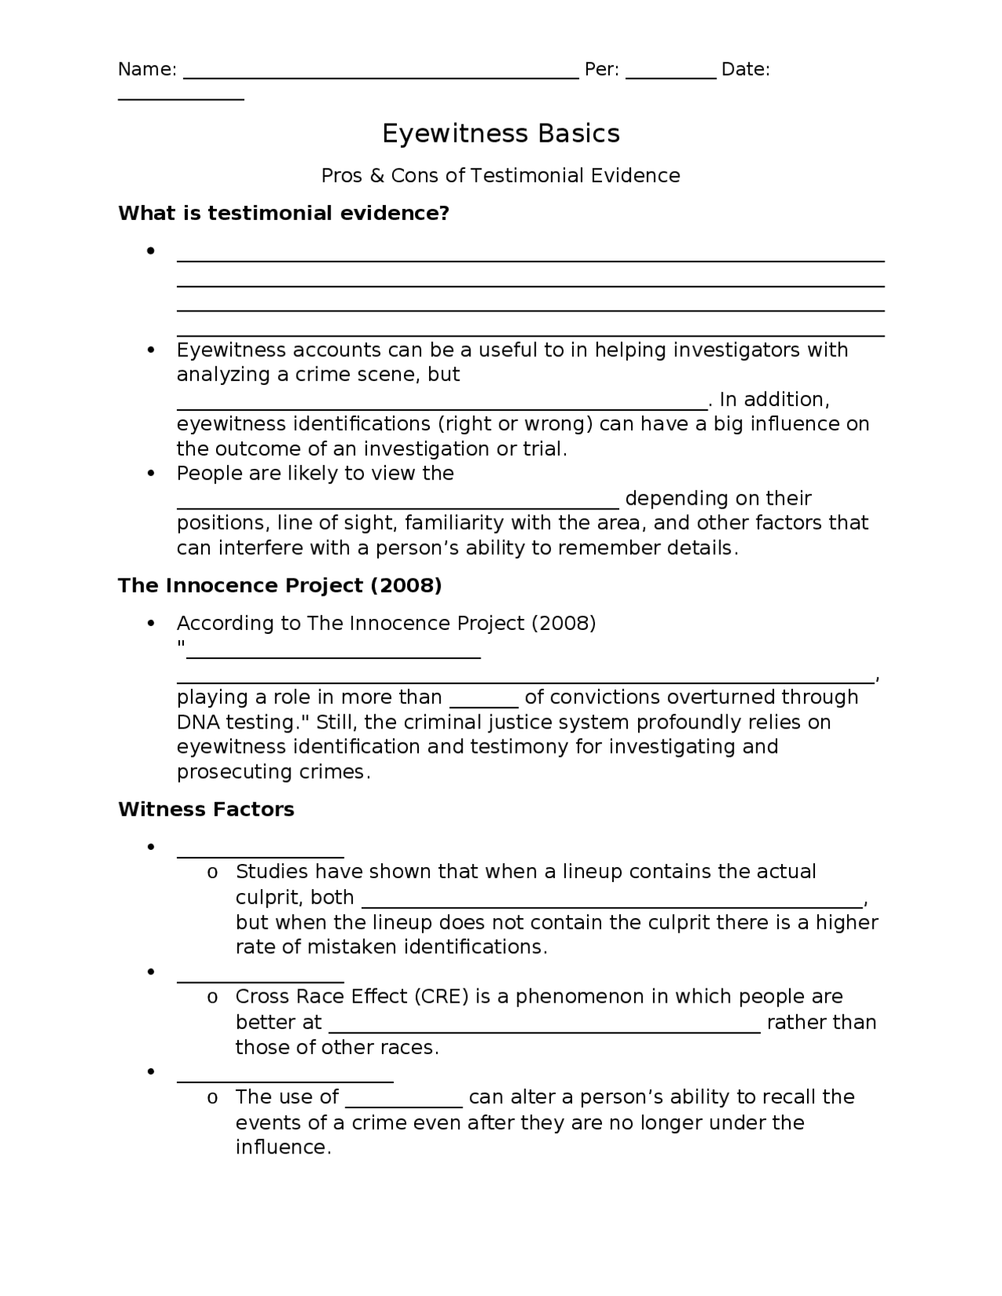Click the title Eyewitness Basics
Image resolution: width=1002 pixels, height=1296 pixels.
pyautogui.click(x=501, y=134)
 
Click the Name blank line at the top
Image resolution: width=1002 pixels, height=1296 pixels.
pyautogui.click(x=380, y=76)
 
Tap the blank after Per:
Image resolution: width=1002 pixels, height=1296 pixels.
pyautogui.click(x=671, y=76)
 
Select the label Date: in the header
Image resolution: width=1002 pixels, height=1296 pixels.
pyautogui.click(x=745, y=70)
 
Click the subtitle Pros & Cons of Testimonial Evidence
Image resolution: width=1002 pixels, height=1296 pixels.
pyautogui.click(x=500, y=176)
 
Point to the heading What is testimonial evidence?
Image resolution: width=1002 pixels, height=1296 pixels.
pyautogui.click(x=283, y=214)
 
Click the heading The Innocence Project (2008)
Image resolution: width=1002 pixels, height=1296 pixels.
pyautogui.click(x=279, y=586)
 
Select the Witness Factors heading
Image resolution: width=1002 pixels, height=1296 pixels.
pyautogui.click(x=206, y=809)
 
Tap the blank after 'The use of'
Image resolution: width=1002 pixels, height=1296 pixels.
pyautogui.click(x=404, y=1103)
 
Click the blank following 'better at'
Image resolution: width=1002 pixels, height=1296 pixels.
pyautogui.click(x=544, y=1029)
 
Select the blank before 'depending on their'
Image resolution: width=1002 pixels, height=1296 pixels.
pyautogui.click(x=398, y=505)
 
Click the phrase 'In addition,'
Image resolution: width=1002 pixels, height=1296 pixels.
pyautogui.click(x=773, y=400)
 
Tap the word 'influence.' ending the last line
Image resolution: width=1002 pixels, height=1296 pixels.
pyautogui.click(x=283, y=1148)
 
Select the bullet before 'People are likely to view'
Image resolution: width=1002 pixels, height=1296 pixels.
pyautogui.click(x=150, y=473)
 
